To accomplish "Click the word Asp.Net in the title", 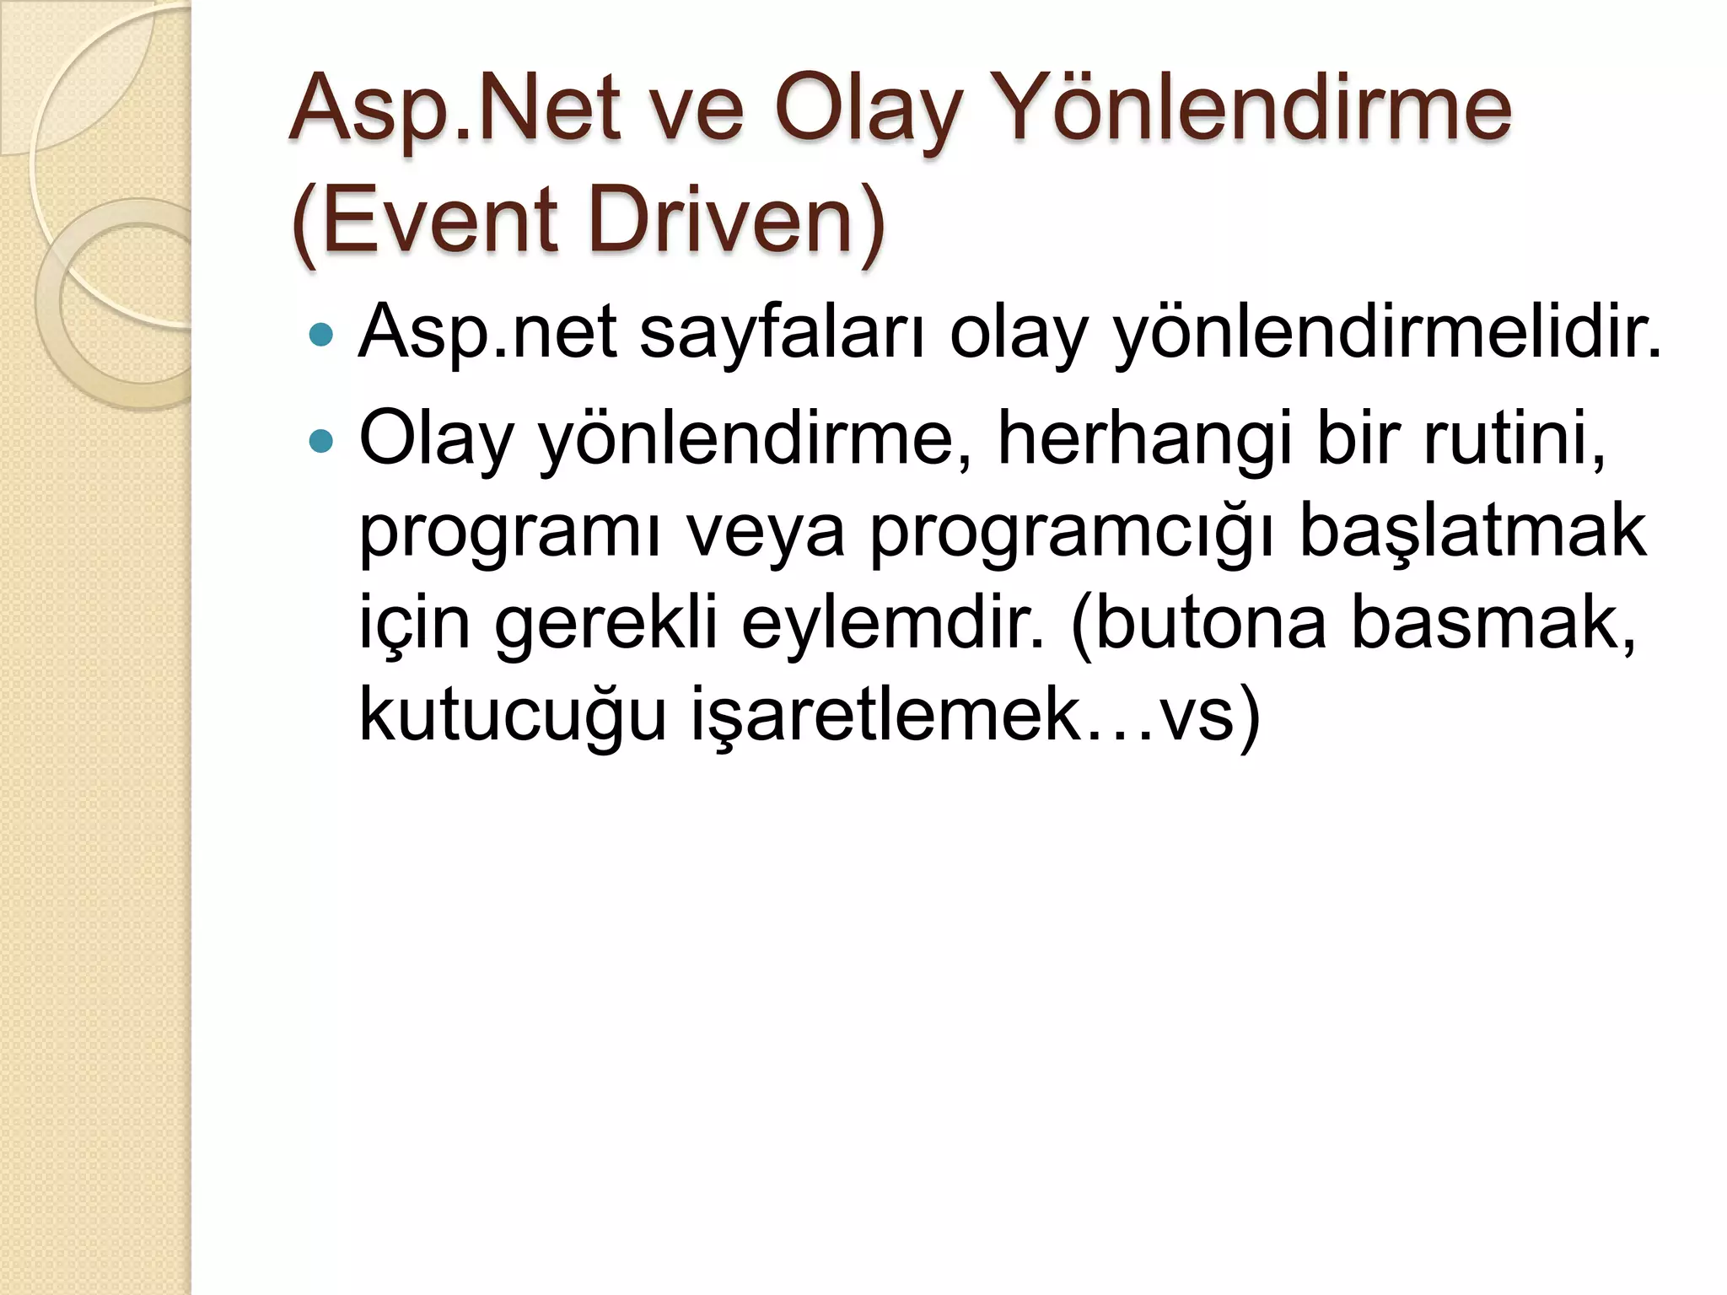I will click(455, 110).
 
